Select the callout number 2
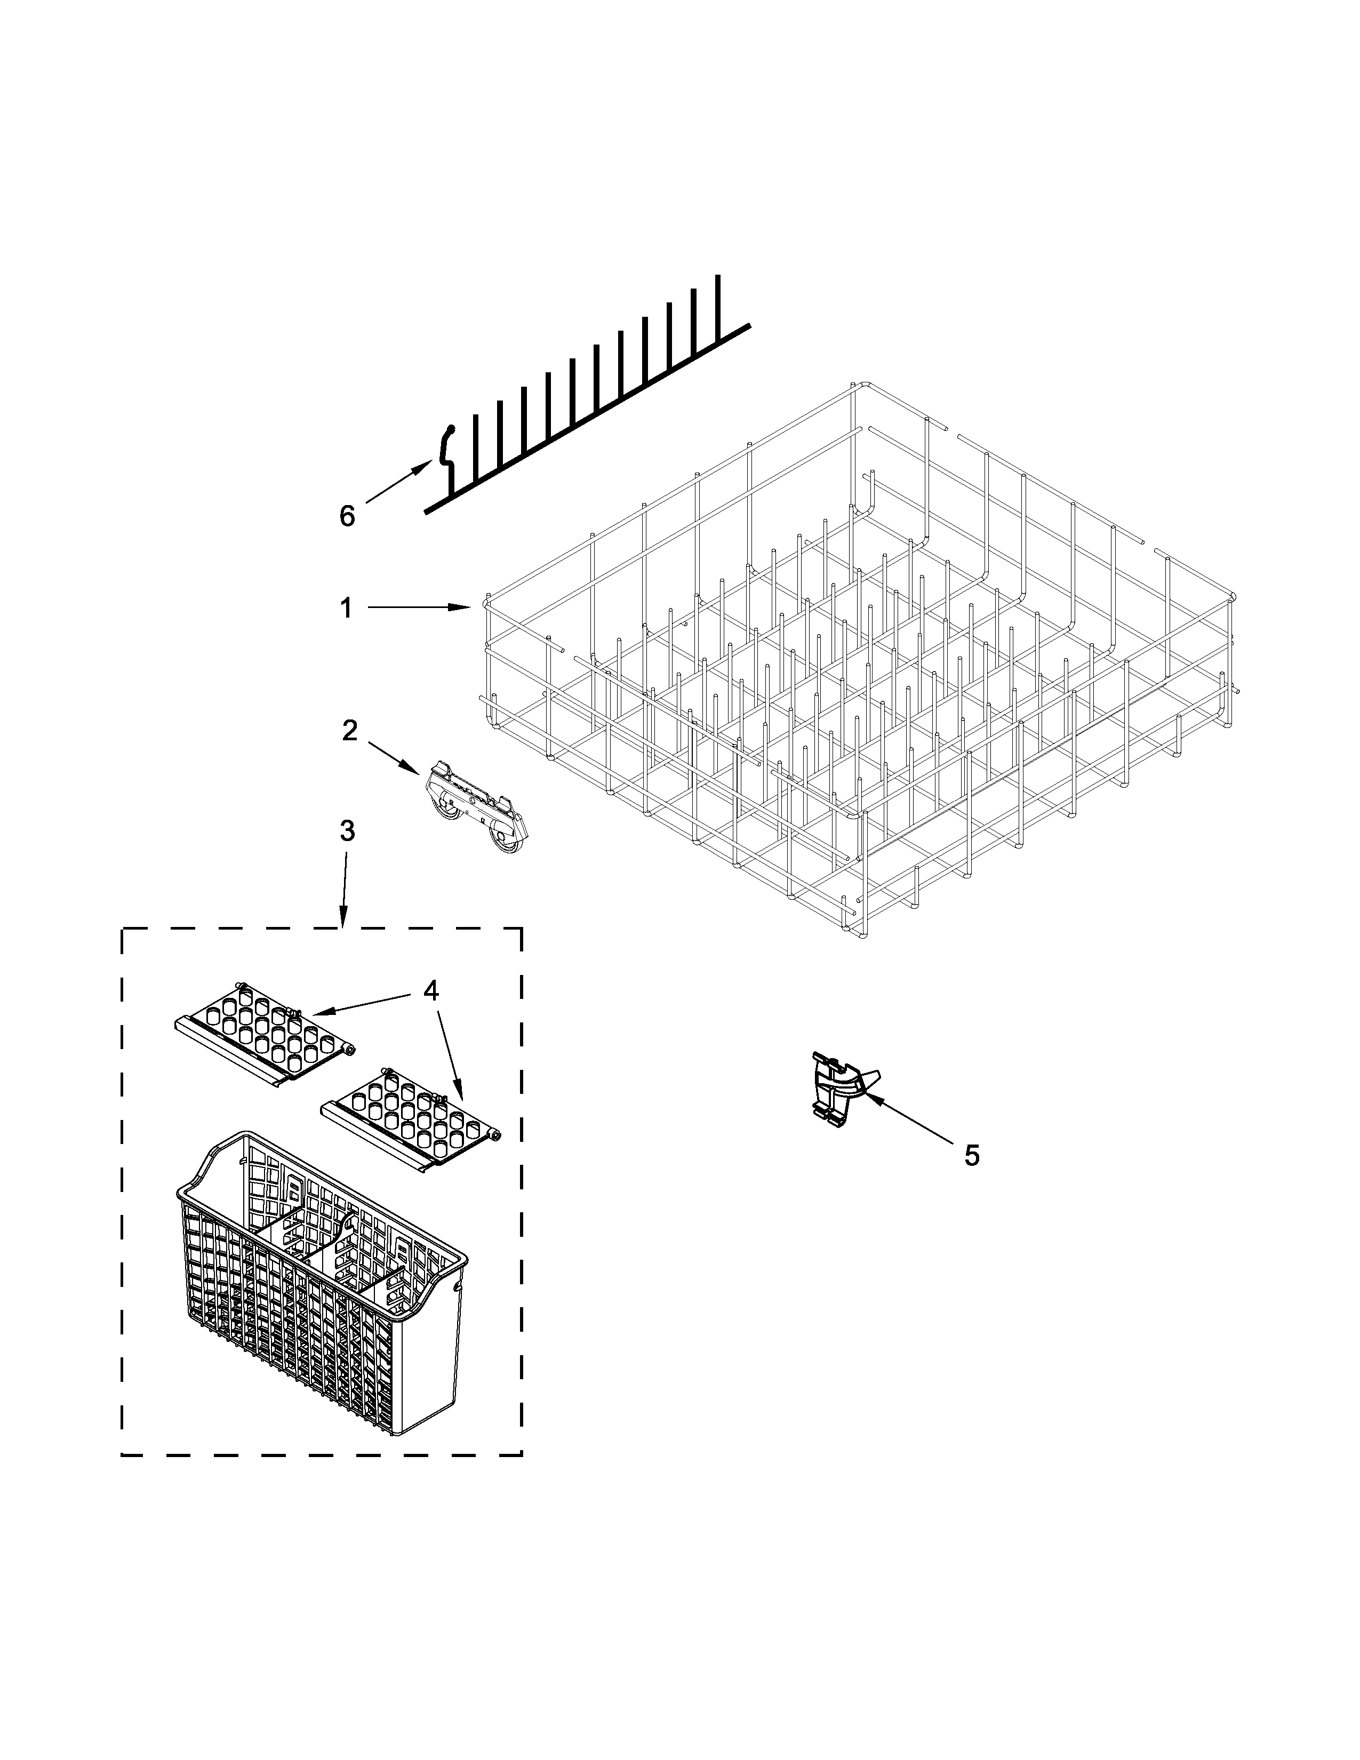coord(349,730)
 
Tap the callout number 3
coord(347,831)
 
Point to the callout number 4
coord(431,990)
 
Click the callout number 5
coord(972,1155)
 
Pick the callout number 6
coord(347,516)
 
